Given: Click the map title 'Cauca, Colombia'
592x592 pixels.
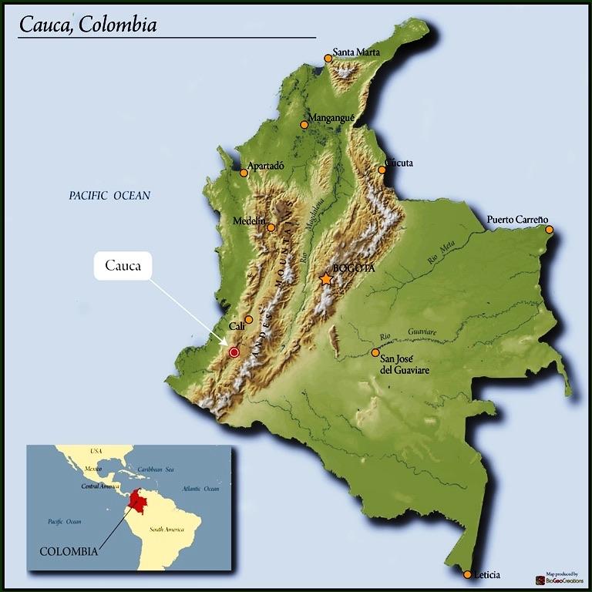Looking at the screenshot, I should click(x=88, y=25).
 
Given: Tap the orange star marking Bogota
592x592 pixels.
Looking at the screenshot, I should click(x=327, y=279).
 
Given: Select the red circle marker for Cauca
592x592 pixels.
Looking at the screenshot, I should click(x=234, y=352).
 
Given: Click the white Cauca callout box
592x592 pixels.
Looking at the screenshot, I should click(x=123, y=266).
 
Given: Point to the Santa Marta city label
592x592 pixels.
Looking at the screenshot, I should click(x=356, y=53).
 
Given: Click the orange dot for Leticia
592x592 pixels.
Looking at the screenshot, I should click(x=467, y=574).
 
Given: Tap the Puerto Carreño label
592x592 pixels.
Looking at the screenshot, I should click(x=517, y=220).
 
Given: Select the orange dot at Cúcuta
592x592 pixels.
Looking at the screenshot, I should click(x=382, y=170).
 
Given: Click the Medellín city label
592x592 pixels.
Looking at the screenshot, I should click(x=249, y=221).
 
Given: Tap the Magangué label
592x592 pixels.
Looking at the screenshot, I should click(x=331, y=118).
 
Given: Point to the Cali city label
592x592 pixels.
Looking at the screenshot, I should click(x=237, y=326).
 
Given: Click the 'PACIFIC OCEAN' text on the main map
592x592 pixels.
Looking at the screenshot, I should click(x=109, y=196).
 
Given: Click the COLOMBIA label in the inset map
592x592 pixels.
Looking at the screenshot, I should click(x=69, y=551).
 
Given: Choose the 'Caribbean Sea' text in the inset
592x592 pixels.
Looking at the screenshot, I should click(x=156, y=469).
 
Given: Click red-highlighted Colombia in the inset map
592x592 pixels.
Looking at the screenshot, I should click(x=141, y=500).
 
